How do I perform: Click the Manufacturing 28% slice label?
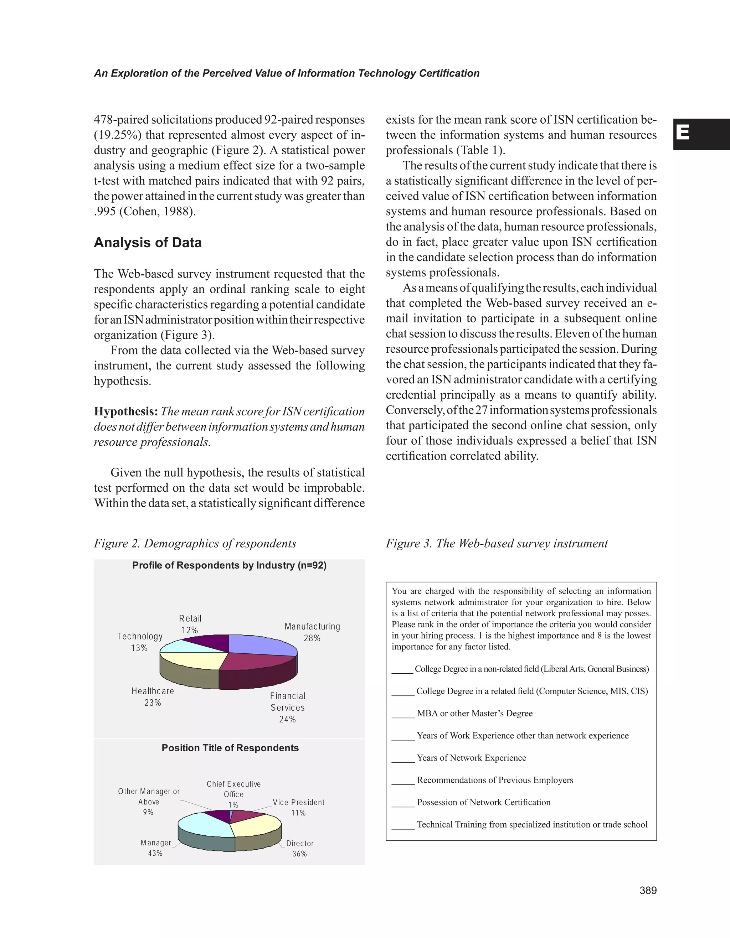point(312,632)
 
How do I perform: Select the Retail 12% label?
point(190,624)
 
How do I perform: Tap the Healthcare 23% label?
point(153,696)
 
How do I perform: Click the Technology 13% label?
point(140,642)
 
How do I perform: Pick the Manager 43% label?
point(155,848)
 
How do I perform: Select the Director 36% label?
point(299,848)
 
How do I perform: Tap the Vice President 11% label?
point(299,808)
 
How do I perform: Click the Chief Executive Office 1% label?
point(234,794)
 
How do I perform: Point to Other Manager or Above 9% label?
point(149,802)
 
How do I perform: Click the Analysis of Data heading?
point(147,243)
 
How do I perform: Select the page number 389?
point(648,890)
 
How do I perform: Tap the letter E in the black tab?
point(683,134)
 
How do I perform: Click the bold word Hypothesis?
point(126,411)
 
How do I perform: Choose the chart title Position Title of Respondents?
point(230,748)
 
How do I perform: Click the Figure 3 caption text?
point(496,543)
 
